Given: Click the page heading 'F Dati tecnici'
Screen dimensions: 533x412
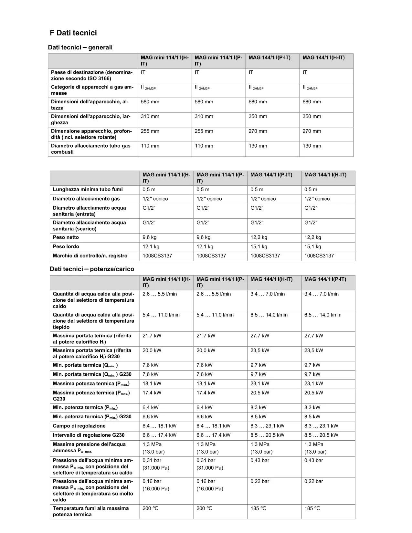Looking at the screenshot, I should coord(73,33).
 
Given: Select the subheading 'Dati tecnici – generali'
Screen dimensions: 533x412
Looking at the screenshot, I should coord(80,47).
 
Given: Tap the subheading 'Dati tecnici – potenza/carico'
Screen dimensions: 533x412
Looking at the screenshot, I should coord(92,269).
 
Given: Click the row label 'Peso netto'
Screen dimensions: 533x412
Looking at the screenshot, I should coord(66,237).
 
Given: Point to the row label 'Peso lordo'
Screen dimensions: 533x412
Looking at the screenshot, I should coord(66,246).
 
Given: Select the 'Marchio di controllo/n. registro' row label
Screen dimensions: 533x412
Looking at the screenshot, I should coord(90,256).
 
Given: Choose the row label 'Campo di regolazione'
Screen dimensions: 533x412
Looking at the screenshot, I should coord(79,426).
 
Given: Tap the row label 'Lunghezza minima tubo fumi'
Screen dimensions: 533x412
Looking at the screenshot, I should coord(88,190).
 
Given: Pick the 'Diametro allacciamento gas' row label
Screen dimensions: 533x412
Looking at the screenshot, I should coord(86,199).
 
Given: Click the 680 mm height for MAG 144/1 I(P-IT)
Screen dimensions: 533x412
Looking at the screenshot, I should coord(258,102).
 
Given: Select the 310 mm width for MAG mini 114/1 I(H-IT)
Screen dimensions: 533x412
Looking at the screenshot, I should coord(150,117).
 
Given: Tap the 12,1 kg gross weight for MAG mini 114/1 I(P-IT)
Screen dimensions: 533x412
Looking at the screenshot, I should coord(205,246).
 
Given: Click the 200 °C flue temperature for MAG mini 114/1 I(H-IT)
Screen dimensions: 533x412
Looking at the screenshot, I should coord(150,508).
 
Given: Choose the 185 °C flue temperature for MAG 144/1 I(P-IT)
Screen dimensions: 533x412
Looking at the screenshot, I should coord(312,508).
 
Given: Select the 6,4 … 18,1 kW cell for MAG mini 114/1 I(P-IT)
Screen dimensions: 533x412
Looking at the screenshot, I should coord(213,426).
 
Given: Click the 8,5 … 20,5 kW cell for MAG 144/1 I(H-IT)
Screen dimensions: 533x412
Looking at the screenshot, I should coord(267,435).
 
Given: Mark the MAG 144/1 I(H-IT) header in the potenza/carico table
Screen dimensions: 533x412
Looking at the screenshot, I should coord(271,279).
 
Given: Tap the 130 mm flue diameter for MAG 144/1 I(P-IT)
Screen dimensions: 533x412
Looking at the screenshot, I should coord(258,146).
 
